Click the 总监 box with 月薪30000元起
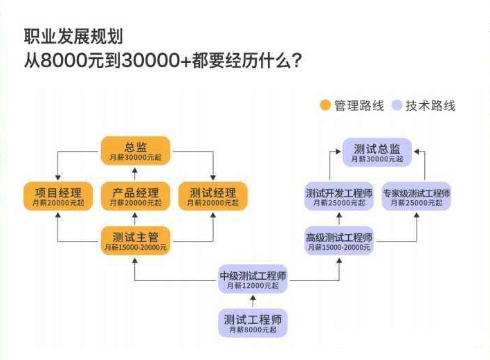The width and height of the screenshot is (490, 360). point(136,151)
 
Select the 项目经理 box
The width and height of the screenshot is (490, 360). point(58,197)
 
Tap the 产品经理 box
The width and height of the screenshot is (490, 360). point(136,197)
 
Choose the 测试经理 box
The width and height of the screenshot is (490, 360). point(213,197)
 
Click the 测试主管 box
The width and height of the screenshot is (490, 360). point(136,240)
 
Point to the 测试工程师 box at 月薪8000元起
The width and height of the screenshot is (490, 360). point(253,323)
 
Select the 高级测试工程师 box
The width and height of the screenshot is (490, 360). point(339,240)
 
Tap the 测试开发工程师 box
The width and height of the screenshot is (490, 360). point(339,197)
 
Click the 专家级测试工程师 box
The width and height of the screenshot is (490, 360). point(417,197)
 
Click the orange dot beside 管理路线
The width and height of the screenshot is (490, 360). point(325,106)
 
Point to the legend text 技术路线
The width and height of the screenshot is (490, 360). point(430,106)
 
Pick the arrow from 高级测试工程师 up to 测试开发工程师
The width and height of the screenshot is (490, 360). point(339,218)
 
